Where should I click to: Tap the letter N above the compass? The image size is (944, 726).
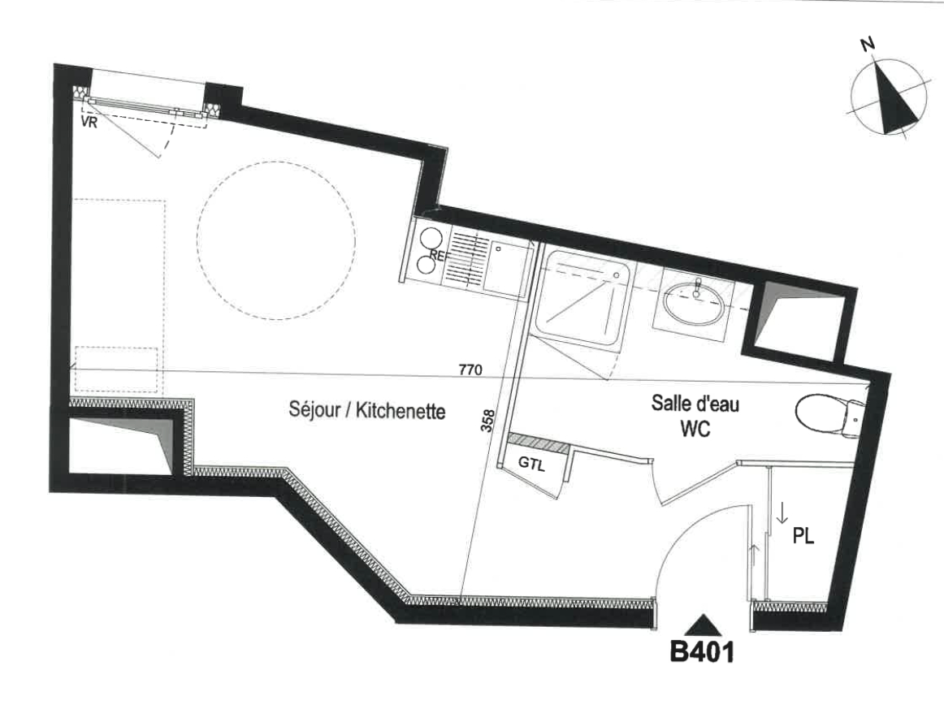click(868, 44)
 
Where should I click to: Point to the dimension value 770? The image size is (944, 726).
click(470, 369)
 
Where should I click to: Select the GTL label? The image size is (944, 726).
click(531, 464)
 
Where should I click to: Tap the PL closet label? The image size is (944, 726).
click(803, 535)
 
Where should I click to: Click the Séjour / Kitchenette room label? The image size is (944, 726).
click(367, 410)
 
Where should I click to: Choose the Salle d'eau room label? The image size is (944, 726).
click(695, 403)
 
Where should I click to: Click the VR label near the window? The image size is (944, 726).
click(89, 123)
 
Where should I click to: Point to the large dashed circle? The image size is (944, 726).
click(275, 240)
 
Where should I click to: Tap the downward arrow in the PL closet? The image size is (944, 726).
click(782, 512)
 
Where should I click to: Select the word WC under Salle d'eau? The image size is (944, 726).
click(695, 429)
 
